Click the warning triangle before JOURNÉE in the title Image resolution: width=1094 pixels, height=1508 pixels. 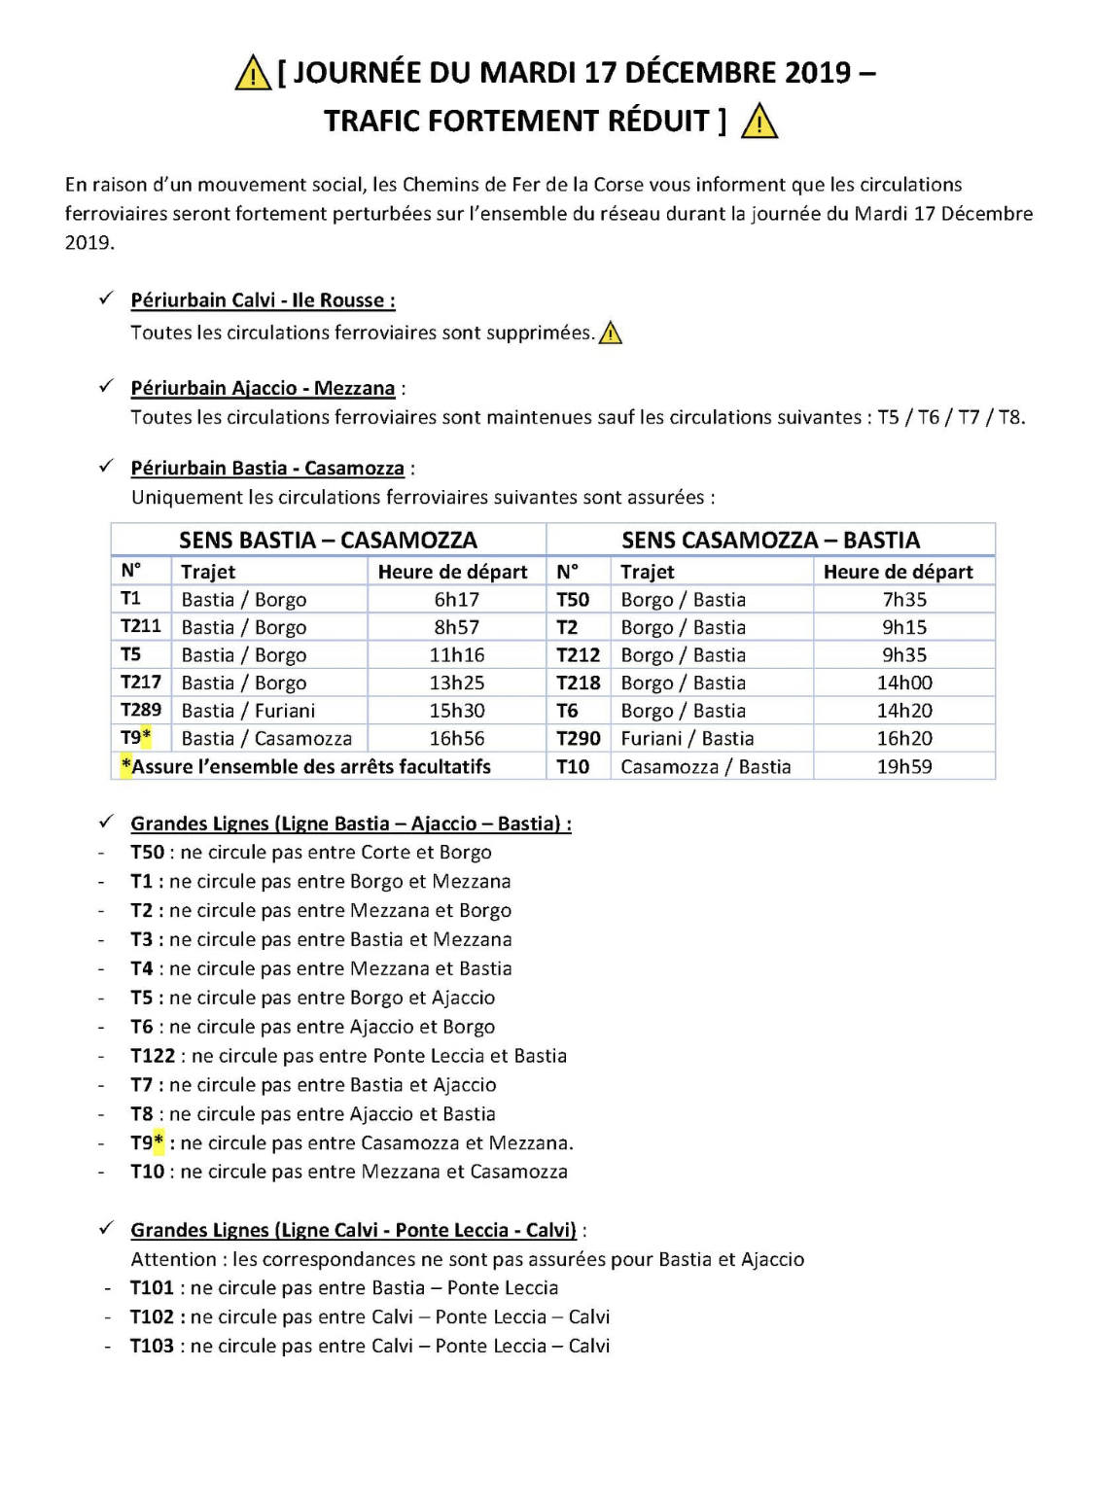tap(252, 74)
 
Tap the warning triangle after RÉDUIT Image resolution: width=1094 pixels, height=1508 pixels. tap(759, 123)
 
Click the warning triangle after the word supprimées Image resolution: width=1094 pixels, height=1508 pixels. tap(611, 333)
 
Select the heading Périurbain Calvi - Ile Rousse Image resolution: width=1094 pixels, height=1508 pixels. tap(263, 300)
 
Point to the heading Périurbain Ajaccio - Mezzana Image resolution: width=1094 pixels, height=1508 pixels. tap(263, 388)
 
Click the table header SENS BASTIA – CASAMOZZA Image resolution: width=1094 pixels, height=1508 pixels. tap(328, 540)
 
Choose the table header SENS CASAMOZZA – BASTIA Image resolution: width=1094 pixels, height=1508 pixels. tap(770, 540)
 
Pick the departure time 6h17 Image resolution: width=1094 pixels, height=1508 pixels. tap(456, 600)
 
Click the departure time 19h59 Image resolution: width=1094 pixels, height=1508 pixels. tap(904, 767)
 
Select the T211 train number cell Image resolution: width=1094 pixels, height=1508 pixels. tap(141, 627)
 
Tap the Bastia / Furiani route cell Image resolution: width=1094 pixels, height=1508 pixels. tap(248, 711)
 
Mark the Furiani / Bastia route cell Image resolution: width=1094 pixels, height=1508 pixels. tap(688, 739)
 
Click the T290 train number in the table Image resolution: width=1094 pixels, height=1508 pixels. tap(578, 739)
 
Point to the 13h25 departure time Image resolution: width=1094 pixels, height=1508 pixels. tap(456, 684)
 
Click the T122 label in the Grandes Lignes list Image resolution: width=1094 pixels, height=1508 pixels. tap(153, 1056)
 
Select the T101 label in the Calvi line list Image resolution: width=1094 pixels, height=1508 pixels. tap(152, 1288)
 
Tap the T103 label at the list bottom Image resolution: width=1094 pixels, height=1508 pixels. tap(152, 1347)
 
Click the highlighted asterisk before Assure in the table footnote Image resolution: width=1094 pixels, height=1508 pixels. tap(126, 766)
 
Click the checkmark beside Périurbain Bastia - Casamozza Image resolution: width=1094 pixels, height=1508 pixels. tap(106, 467)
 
